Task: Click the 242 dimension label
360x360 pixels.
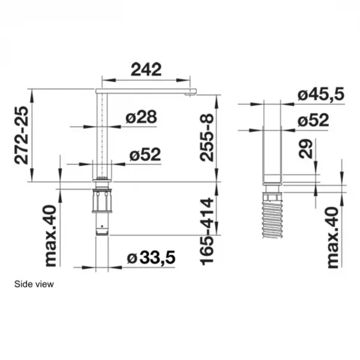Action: pyautogui.click(x=146, y=70)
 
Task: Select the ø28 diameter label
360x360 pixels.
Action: pyautogui.click(x=142, y=117)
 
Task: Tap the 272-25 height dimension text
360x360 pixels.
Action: pyautogui.click(x=21, y=135)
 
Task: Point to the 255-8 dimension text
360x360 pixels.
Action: pyautogui.click(x=206, y=138)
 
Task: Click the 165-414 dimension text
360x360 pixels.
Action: pyautogui.click(x=206, y=232)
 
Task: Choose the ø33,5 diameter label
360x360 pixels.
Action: pyautogui.click(x=151, y=257)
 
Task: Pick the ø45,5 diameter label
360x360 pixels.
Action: pyautogui.click(x=321, y=94)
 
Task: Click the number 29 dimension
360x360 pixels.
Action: pyautogui.click(x=306, y=149)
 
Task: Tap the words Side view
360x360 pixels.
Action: pyautogui.click(x=34, y=284)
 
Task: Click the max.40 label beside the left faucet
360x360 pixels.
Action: pyautogui.click(x=50, y=236)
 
